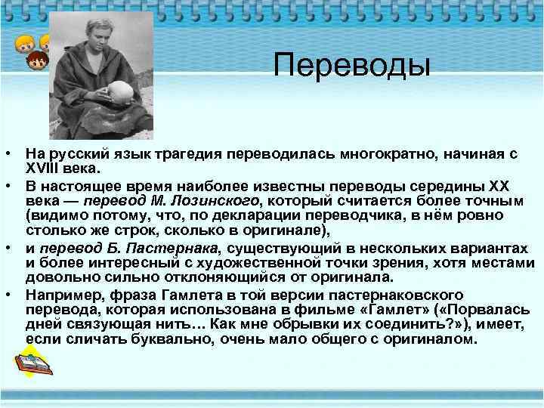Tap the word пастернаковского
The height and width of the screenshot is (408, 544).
pyautogui.click(x=400, y=292)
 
